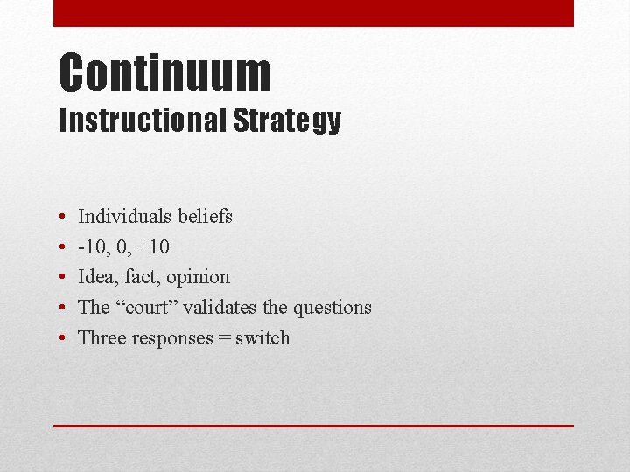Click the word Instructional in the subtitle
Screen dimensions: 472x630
point(142,121)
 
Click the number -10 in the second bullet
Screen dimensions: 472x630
point(94,247)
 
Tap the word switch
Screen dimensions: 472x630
point(262,338)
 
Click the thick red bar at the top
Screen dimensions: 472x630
point(313,13)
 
